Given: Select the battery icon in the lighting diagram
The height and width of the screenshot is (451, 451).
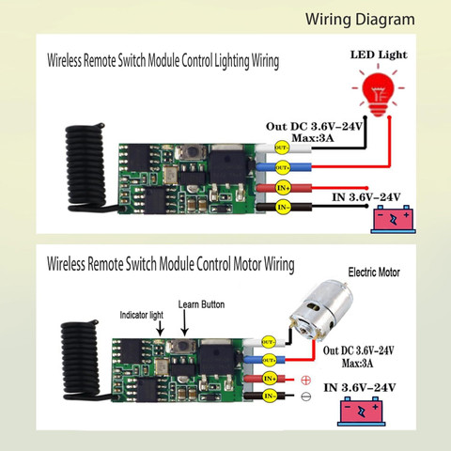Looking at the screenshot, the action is click(394, 219).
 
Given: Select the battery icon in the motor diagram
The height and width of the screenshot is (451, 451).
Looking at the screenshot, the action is click(362, 412).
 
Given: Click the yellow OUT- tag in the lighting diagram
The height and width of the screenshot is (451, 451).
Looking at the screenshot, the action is click(282, 148).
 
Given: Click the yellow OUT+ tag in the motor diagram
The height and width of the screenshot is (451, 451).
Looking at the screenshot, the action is click(269, 361).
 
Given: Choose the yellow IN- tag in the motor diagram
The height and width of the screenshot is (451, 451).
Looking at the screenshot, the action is click(270, 396).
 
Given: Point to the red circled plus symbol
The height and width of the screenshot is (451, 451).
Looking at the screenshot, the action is click(305, 381).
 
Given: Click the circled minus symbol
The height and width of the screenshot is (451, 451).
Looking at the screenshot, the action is click(305, 397).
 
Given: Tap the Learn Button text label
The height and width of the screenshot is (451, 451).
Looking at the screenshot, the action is click(201, 304).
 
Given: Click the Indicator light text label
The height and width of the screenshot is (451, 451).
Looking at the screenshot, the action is click(142, 315).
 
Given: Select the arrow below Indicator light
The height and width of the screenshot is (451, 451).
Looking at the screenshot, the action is click(160, 328).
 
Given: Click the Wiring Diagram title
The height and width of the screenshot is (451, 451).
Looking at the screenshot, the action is click(360, 20).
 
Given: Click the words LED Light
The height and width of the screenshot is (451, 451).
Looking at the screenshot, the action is click(379, 54).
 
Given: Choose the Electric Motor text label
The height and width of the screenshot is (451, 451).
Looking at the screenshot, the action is click(374, 272).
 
